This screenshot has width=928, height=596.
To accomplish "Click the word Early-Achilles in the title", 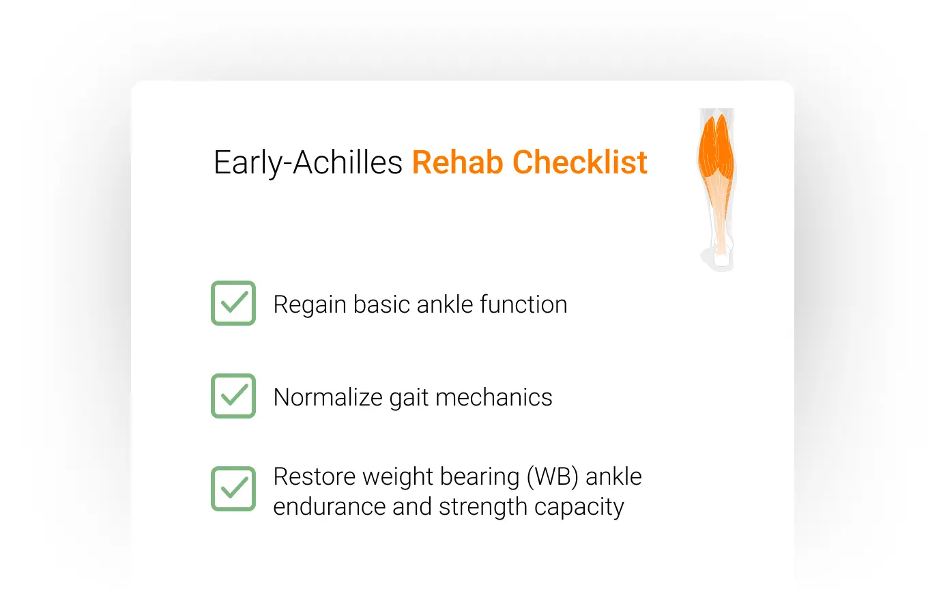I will click(x=308, y=163).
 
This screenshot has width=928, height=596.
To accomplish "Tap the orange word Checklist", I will click(x=580, y=162).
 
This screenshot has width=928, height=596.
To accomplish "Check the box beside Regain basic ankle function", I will click(x=233, y=303).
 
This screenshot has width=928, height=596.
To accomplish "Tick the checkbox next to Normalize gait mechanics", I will click(x=233, y=396).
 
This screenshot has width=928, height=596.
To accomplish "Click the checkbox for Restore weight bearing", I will click(x=233, y=489).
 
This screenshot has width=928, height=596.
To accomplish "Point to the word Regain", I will click(x=309, y=305).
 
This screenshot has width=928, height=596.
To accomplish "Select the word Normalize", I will click(x=327, y=397).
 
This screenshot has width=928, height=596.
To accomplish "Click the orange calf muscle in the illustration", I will click(x=716, y=150).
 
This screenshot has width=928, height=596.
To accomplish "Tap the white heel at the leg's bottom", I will click(x=721, y=259).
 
